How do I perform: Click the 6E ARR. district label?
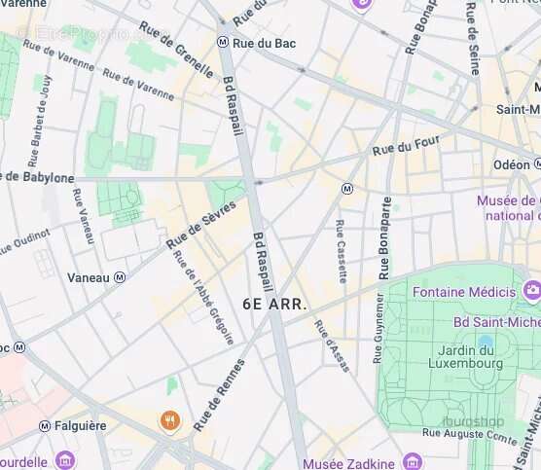point(274,304)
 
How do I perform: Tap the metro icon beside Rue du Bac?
point(223,43)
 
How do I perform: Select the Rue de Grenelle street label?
point(176,49)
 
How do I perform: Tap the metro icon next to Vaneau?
point(120,277)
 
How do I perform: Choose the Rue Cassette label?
point(341,251)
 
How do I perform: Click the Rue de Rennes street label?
point(220,394)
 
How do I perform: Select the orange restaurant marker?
point(169,420)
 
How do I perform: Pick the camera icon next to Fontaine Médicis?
point(531,291)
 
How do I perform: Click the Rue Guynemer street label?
point(379,328)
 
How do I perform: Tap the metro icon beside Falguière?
point(45,426)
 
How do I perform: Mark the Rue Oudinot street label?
point(22,238)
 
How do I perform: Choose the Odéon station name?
point(511,164)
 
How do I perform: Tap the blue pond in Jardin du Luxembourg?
point(485,343)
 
